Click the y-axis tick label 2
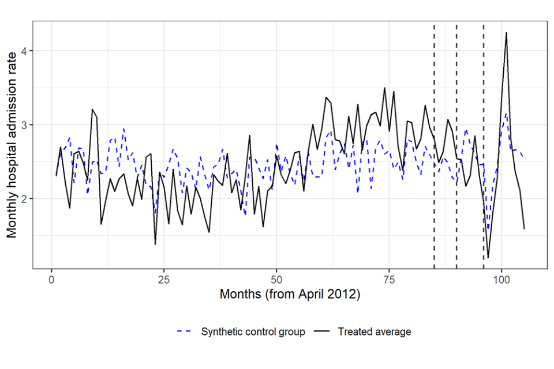pos(24,198)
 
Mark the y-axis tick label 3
pos(24,125)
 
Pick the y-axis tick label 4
pos(24,51)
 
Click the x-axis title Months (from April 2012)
pos(290,295)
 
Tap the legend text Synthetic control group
pos(253,332)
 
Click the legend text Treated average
pos(375,332)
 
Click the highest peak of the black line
pos(506,33)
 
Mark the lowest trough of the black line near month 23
pos(155,244)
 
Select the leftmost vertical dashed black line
pos(434,144)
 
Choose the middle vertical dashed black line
pos(456,144)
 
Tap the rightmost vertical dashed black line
pos(484,144)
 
